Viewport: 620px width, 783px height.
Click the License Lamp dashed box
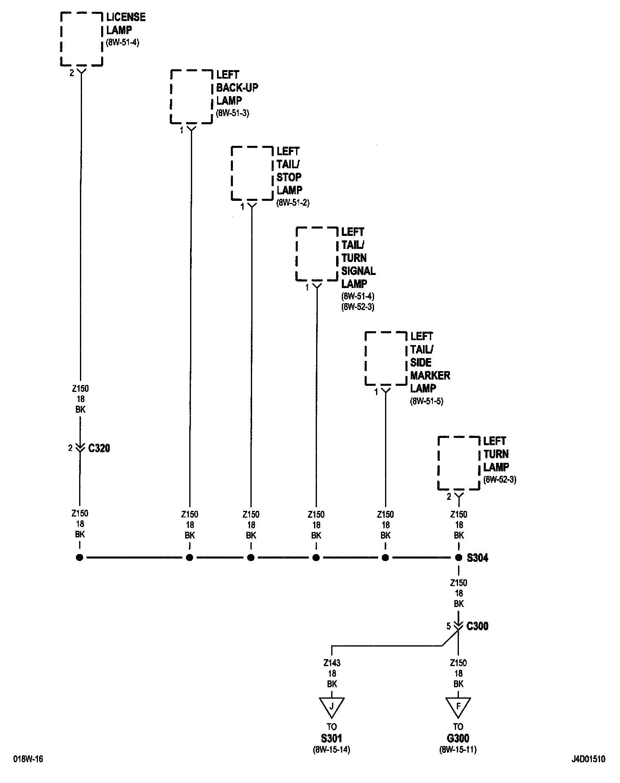[81, 39]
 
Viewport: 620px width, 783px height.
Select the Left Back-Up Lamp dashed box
[191, 97]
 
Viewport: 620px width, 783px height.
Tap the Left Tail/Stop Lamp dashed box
[252, 173]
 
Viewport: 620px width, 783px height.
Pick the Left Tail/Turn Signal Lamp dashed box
[317, 254]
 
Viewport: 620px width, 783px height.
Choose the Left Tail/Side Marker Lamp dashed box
[385, 359]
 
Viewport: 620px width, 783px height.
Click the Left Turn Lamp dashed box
[458, 463]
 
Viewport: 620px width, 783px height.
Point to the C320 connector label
[99, 448]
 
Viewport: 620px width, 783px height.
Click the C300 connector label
[477, 626]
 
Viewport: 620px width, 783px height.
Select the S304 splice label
[477, 558]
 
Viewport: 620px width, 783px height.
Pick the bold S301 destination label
[332, 738]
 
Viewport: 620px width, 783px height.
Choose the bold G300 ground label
[458, 738]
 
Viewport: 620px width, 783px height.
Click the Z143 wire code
[332, 663]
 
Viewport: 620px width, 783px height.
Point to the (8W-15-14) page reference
[332, 749]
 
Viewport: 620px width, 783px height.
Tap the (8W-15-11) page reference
[458, 749]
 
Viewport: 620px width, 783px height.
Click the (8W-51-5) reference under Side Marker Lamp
[427, 401]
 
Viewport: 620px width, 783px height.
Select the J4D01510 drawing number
[588, 759]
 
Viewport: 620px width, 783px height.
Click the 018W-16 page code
[28, 759]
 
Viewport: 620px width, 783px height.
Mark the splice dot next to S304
[458, 557]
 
